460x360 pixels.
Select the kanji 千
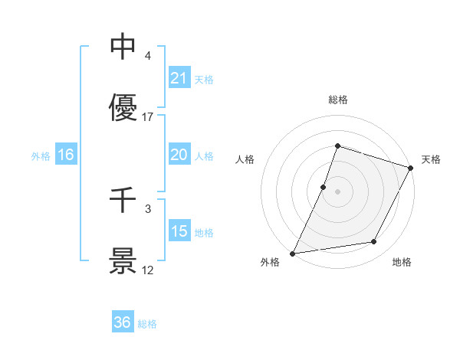123,200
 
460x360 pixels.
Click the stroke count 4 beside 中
148,56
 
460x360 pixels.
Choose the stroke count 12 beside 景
148,270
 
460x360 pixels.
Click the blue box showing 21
179,78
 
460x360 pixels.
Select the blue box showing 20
179,155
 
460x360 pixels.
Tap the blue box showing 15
179,231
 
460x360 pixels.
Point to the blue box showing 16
65,155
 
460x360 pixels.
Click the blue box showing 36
123,322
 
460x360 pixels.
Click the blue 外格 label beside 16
41,155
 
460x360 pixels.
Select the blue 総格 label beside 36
147,324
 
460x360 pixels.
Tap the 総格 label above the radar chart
337,100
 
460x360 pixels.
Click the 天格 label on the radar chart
431,159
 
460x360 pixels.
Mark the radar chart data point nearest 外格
293,253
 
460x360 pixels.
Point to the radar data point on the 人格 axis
324,186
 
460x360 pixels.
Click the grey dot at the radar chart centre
337,191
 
